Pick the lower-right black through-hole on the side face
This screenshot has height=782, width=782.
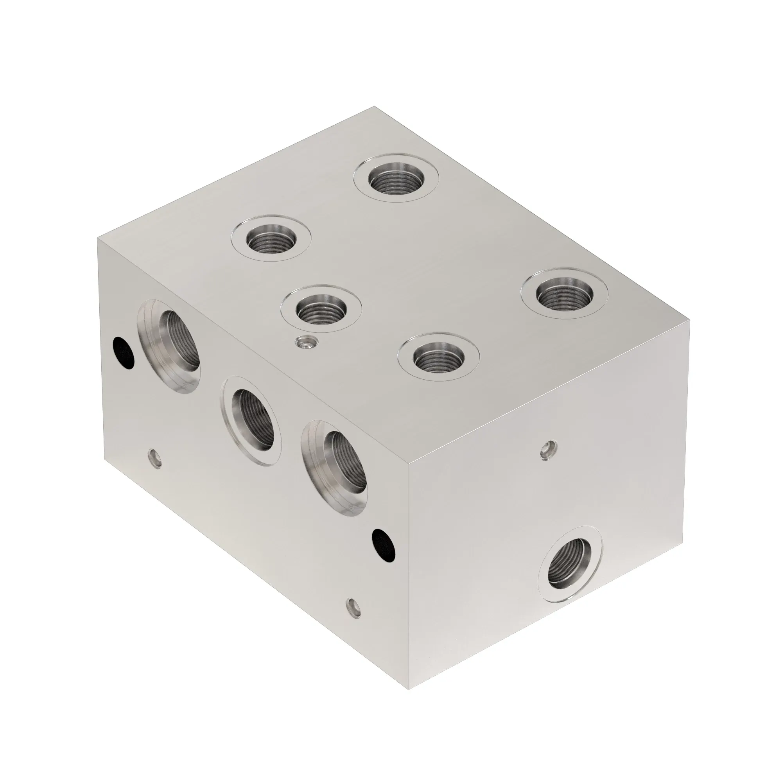coord(384,544)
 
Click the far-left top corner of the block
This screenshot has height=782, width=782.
coord(97,239)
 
